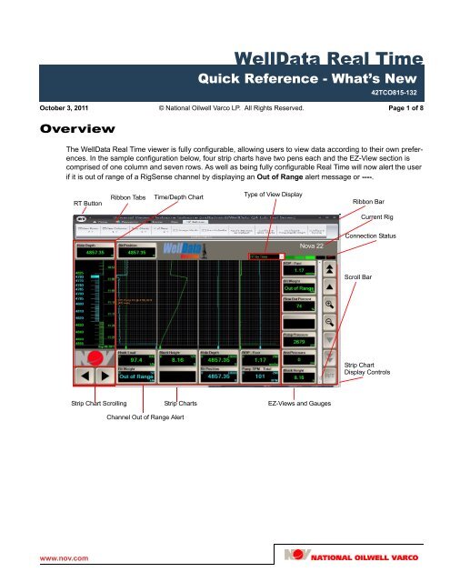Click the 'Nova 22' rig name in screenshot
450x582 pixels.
tap(312, 246)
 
